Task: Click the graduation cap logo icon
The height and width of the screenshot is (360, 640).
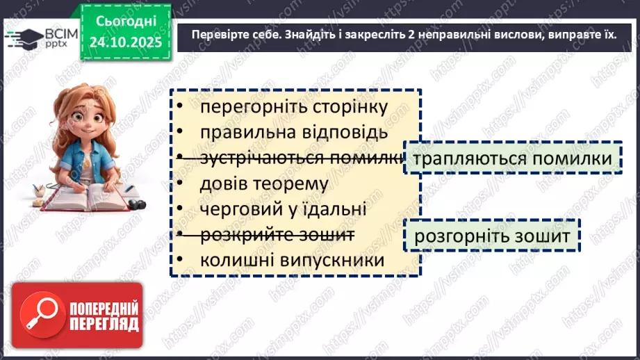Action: point(24,37)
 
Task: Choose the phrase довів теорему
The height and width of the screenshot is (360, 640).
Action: point(263,183)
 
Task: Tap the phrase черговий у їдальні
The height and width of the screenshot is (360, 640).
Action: point(283,209)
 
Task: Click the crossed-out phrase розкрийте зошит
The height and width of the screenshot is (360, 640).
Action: point(277,235)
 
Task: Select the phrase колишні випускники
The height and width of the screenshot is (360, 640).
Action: point(292,260)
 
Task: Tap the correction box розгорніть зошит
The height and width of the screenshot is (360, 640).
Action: point(492,236)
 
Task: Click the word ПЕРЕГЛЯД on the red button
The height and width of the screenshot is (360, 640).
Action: point(104,324)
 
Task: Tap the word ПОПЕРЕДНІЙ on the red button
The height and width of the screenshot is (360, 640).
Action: point(104,306)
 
